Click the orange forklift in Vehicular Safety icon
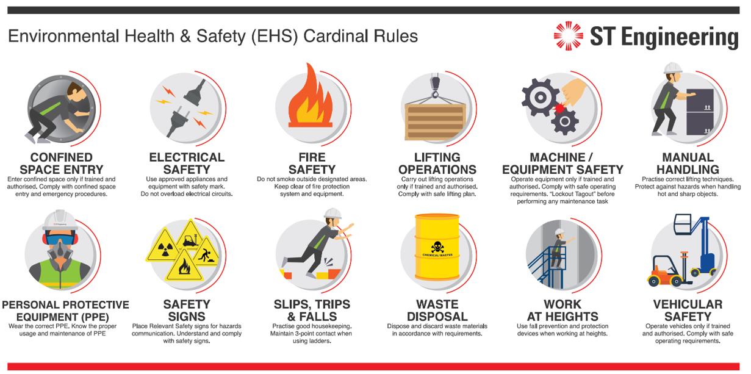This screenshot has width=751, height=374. [664, 272]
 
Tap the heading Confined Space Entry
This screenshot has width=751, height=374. [61, 164]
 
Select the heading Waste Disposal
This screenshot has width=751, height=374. [437, 311]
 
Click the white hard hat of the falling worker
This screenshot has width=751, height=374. [332, 214]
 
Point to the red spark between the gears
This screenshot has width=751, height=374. [556, 108]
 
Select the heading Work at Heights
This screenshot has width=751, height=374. [562, 311]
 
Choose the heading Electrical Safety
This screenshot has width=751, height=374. [187, 164]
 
